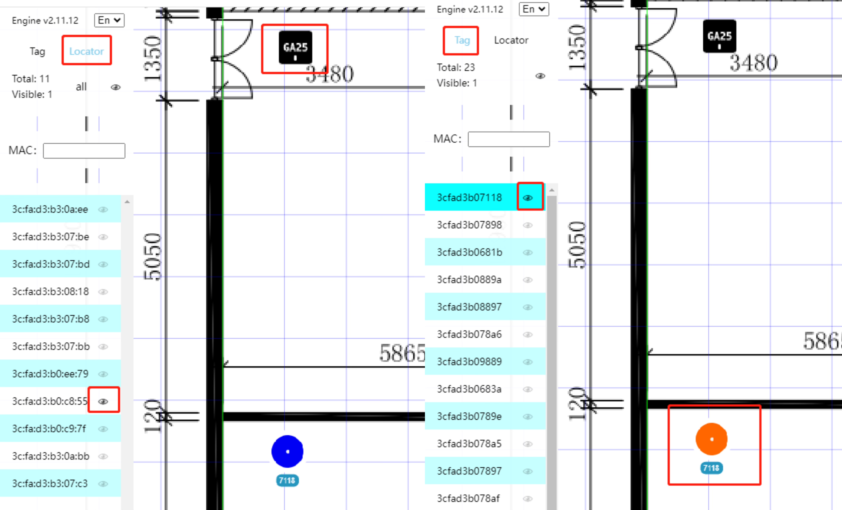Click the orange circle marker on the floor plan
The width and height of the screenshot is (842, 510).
711,439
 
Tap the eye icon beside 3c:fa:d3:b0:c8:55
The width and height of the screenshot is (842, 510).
103,401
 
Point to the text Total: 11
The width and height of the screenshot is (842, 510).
31,79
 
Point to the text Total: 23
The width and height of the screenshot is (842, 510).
456,67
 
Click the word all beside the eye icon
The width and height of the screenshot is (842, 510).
81,87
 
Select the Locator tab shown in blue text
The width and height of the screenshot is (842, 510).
86,51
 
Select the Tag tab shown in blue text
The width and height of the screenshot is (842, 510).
462,40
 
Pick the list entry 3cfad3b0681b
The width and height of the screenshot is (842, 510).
470,252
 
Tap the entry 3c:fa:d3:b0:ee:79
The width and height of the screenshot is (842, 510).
50,374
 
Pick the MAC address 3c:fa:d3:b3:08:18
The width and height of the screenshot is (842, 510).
50,291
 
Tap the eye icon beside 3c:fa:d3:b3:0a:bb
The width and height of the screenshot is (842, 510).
103,456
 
